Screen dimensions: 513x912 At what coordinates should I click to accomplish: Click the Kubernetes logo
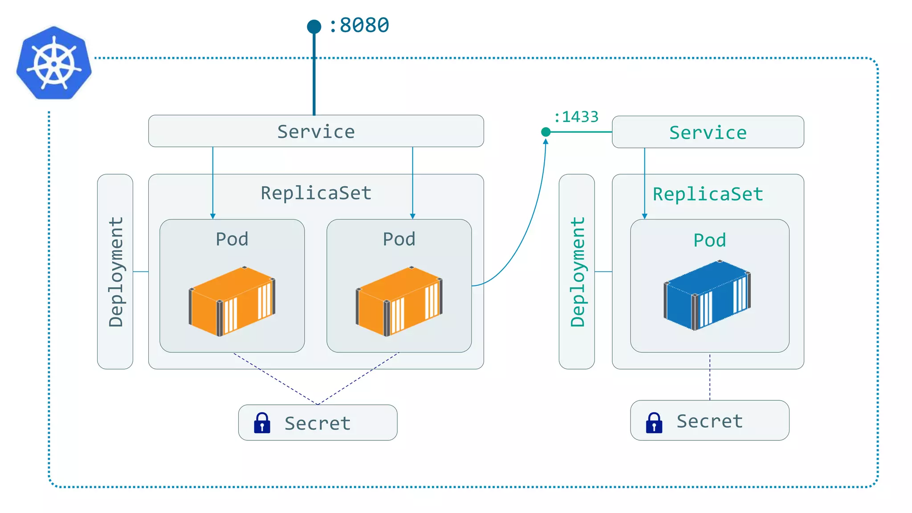54,63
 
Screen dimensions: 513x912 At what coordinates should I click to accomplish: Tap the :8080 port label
359,25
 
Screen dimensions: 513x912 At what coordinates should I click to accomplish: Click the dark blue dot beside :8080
314,27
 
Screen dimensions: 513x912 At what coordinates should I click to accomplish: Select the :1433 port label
576,117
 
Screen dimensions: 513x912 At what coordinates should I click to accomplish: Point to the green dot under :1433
546,132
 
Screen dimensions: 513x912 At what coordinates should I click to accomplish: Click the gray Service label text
316,132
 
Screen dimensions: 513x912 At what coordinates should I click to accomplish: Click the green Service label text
708,133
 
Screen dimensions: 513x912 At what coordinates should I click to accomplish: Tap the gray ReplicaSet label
316,193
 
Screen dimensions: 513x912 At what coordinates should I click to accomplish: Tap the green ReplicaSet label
708,194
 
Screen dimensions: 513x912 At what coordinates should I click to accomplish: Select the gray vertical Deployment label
116,272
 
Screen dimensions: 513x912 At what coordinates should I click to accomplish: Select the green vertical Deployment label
577,272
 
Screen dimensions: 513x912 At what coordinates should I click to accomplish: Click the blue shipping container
707,295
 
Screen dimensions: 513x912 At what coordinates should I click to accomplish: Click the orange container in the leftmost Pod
232,301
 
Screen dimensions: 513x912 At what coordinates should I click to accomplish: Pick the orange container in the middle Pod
399,301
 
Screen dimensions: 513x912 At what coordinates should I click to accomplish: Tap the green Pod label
709,240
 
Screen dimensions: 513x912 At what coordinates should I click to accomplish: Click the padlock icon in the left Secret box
262,423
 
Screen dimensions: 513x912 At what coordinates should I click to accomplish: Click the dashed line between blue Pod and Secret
709,377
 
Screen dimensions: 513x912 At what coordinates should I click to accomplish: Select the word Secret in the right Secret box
709,421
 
